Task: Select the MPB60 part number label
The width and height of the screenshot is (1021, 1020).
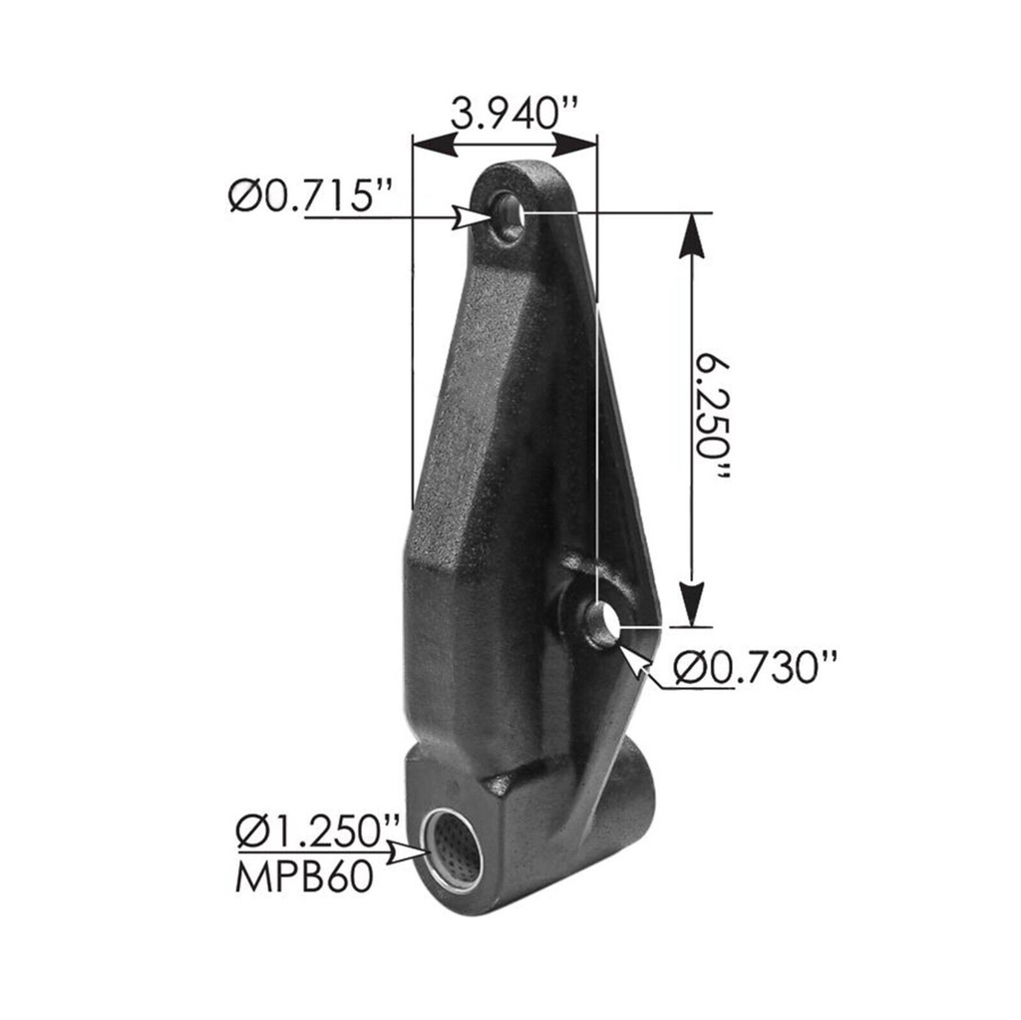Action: [x=304, y=877]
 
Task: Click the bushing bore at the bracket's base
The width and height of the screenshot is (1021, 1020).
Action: [x=453, y=850]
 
